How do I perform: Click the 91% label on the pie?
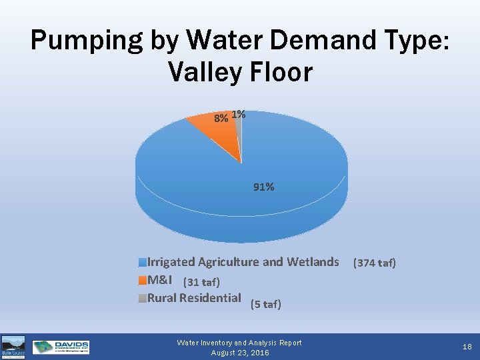pyautogui.click(x=263, y=187)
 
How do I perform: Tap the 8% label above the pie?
pyautogui.click(x=221, y=118)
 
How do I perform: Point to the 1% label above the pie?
pyautogui.click(x=239, y=115)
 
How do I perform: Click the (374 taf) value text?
pyautogui.click(x=374, y=263)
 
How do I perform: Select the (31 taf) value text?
pyautogui.click(x=201, y=282)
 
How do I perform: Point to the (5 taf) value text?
pyautogui.click(x=266, y=305)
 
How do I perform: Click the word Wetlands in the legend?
pyautogui.click(x=313, y=262)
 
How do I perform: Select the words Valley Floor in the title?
pyautogui.click(x=241, y=71)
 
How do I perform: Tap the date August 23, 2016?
pyautogui.click(x=239, y=353)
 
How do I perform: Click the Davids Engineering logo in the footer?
pyautogui.click(x=61, y=347)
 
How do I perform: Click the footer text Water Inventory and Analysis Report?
pyautogui.click(x=239, y=343)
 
